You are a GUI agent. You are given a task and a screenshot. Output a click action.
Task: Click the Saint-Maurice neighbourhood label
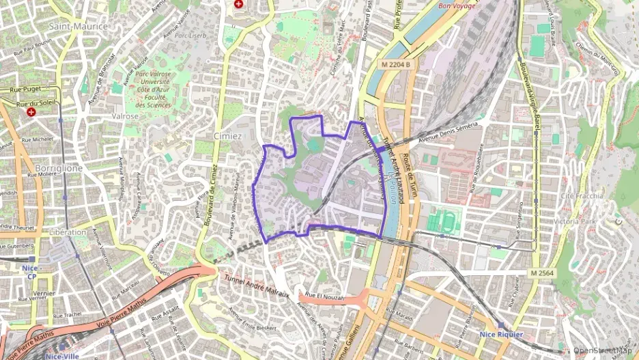tap(79, 26)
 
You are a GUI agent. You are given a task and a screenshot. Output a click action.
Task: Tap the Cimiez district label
tap(227, 136)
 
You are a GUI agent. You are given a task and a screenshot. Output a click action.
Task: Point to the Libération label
tap(68, 232)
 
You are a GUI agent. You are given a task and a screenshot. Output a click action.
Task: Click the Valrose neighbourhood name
tap(125, 116)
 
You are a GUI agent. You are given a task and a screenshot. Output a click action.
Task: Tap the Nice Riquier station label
tap(501, 335)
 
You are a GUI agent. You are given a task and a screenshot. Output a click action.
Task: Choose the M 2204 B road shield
tap(397, 64)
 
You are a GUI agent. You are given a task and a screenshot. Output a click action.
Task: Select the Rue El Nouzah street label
tap(330, 297)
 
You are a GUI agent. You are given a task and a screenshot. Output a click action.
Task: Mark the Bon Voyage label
tap(457, 6)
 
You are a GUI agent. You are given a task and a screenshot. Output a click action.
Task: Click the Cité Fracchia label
tap(581, 196)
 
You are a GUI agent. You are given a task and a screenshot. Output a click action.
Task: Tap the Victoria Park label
tap(575, 222)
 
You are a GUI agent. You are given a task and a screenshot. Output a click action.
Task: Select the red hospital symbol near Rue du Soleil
tap(31, 111)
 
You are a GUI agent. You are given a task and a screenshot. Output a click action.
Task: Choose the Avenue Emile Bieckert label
tap(252, 320)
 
